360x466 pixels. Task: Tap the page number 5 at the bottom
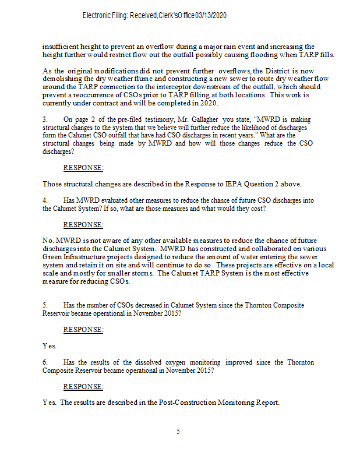[x=178, y=432]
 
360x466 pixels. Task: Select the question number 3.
[x=45, y=136]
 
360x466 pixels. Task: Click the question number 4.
[x=45, y=200]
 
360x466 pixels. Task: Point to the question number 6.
[x=45, y=362]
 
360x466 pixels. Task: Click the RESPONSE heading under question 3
[x=83, y=168]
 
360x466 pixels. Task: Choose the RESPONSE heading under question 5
[x=83, y=330]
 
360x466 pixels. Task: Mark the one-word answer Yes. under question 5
[x=50, y=346]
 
